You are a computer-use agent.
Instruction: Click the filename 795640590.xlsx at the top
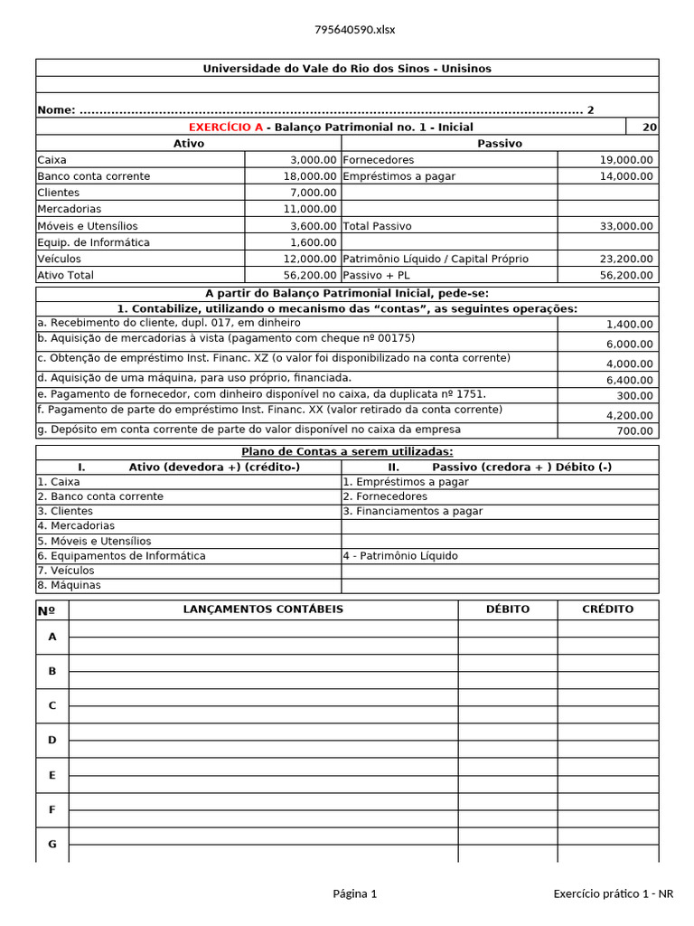(x=354, y=29)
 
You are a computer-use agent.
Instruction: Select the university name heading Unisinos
(x=347, y=69)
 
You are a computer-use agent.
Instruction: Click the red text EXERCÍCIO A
(x=225, y=128)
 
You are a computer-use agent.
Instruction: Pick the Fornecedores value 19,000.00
(x=625, y=160)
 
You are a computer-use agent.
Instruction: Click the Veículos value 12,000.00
(x=309, y=259)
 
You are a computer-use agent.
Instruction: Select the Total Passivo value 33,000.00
(x=625, y=226)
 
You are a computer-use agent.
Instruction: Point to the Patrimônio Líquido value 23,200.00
(x=625, y=259)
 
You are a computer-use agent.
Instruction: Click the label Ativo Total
(x=65, y=275)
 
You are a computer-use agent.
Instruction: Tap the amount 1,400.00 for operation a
(x=629, y=324)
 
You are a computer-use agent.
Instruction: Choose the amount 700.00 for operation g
(x=634, y=431)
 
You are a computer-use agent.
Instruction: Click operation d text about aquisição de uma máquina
(x=194, y=377)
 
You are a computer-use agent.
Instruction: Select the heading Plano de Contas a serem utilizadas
(x=347, y=452)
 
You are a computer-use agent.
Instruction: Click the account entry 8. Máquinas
(x=69, y=585)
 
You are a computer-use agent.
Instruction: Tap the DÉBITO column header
(x=507, y=609)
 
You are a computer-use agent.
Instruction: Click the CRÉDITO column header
(x=607, y=609)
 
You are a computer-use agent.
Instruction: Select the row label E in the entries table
(x=52, y=775)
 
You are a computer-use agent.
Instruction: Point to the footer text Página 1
(x=354, y=894)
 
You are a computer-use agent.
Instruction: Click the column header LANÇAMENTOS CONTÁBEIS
(x=263, y=609)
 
